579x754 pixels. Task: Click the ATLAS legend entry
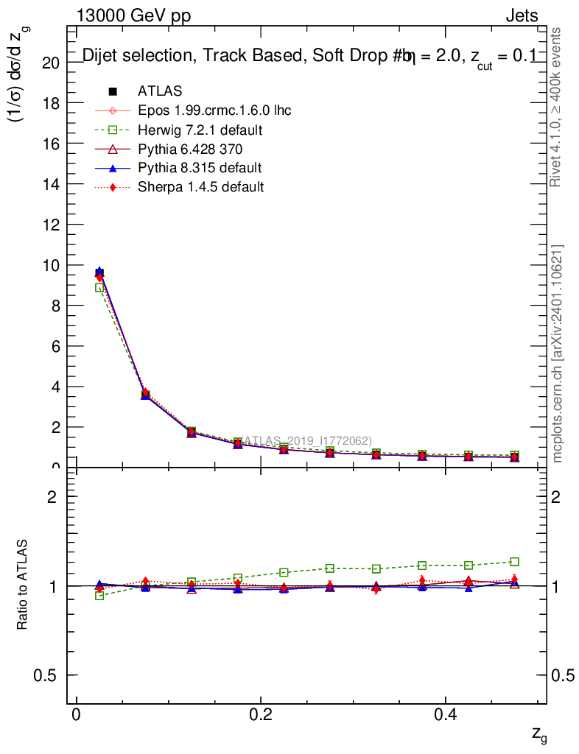pos(160,91)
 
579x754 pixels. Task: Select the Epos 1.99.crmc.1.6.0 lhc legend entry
pos(214,110)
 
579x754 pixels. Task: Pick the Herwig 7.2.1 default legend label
pos(200,130)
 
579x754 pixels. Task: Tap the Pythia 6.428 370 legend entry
pos(190,149)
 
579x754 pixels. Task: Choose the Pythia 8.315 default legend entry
pos(200,168)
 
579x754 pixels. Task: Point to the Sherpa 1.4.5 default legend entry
pos(200,187)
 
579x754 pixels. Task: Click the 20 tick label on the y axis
pos(51,63)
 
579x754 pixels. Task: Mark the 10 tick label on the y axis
pos(51,265)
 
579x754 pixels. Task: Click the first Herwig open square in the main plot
pos(99,288)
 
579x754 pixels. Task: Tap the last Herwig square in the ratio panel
pos(515,562)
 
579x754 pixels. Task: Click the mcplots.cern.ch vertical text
pos(558,353)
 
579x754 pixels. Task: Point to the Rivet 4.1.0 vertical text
pos(557,107)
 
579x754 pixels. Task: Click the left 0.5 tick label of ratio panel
pos(48,676)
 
